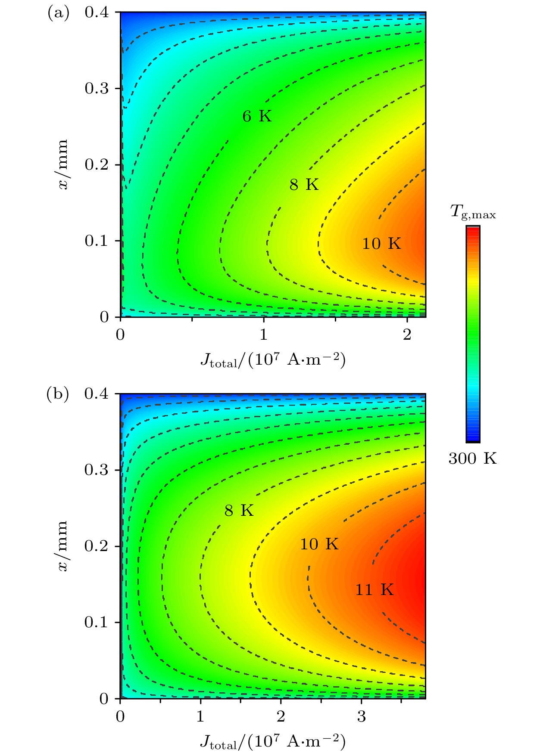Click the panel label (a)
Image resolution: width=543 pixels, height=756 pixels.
[x=58, y=13]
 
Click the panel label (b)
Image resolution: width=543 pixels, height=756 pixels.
[x=58, y=394]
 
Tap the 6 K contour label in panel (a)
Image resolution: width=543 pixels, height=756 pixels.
[x=257, y=116]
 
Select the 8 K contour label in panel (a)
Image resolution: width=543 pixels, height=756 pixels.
[x=304, y=185]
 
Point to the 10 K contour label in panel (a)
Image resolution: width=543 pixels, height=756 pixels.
[x=381, y=244]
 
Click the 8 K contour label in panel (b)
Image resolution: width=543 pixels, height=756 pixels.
[x=239, y=511]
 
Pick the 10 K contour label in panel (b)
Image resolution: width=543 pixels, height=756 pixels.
[x=319, y=544]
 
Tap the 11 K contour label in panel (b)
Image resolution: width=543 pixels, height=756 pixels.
[x=374, y=589]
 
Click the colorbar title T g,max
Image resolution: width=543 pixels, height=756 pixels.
[x=473, y=212]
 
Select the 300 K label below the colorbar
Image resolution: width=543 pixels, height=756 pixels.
[x=472, y=459]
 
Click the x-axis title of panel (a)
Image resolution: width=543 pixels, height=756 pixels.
[x=273, y=360]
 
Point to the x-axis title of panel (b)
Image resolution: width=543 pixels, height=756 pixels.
[x=273, y=741]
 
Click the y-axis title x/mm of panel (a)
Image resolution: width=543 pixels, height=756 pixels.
[x=63, y=164]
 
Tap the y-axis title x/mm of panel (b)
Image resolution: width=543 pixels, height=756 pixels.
[x=63, y=546]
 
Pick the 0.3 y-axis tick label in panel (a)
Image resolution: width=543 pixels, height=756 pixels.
[x=96, y=89]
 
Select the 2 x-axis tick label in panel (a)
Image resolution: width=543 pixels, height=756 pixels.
[x=407, y=335]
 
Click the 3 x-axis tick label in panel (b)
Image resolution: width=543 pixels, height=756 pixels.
[x=361, y=716]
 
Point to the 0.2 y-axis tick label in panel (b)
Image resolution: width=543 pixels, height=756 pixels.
[x=96, y=546]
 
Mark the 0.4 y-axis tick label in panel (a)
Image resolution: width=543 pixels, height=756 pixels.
[x=96, y=13]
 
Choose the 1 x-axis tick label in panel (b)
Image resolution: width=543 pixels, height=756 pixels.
[x=200, y=716]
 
